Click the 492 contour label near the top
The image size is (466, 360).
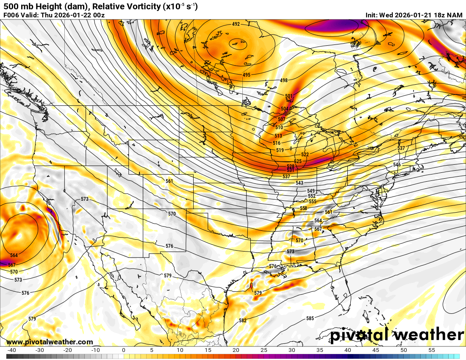tap(236, 24)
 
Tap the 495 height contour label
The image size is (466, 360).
tap(247, 75)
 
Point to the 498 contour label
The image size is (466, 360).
tap(284, 80)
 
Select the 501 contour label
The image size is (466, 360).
tap(289, 97)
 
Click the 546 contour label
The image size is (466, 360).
tap(397, 165)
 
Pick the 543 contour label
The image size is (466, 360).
tap(300, 183)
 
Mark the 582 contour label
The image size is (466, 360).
tap(243, 321)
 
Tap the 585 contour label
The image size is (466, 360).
tap(310, 318)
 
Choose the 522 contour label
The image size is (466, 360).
tap(305, 155)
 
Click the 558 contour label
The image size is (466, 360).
tap(303, 209)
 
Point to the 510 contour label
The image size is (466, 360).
tap(279, 127)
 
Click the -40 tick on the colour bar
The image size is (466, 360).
tap(12, 350)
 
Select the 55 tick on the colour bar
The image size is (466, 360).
tap(432, 350)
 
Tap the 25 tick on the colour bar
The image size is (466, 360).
tap(264, 350)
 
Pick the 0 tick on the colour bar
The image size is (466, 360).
tap(124, 350)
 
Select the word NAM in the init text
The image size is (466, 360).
tap(455, 15)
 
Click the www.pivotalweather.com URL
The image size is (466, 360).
tap(50, 342)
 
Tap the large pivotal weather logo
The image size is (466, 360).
tap(397, 335)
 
